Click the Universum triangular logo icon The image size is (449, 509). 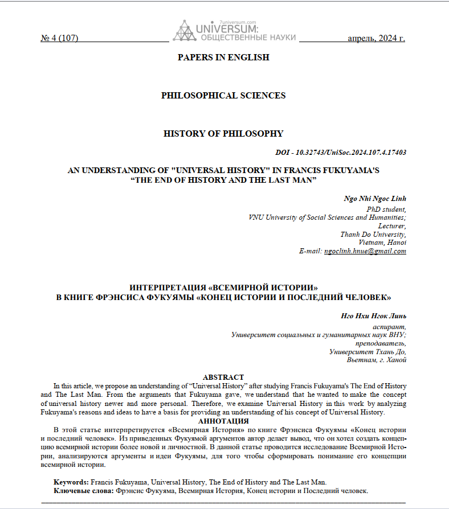pyautogui.click(x=183, y=31)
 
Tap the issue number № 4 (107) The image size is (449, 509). pyautogui.click(x=59, y=39)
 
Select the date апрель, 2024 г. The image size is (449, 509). pyautogui.click(x=376, y=39)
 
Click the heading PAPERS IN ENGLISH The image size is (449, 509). pyautogui.click(x=223, y=57)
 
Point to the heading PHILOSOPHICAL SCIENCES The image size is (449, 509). pyautogui.click(x=223, y=96)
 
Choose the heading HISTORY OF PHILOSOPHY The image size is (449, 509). pyautogui.click(x=223, y=134)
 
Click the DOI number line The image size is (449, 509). pyautogui.click(x=340, y=153)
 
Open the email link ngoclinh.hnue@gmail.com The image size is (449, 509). pyautogui.click(x=365, y=251)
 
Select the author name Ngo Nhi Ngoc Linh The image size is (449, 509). pyautogui.click(x=375, y=199)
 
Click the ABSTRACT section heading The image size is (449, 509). pyautogui.click(x=223, y=377)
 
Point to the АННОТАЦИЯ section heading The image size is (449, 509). pyautogui.click(x=223, y=421)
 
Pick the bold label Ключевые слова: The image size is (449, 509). pyautogui.click(x=84, y=490)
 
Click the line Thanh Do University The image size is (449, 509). pyautogui.click(x=373, y=234)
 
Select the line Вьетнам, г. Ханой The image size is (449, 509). pyautogui.click(x=376, y=360)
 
